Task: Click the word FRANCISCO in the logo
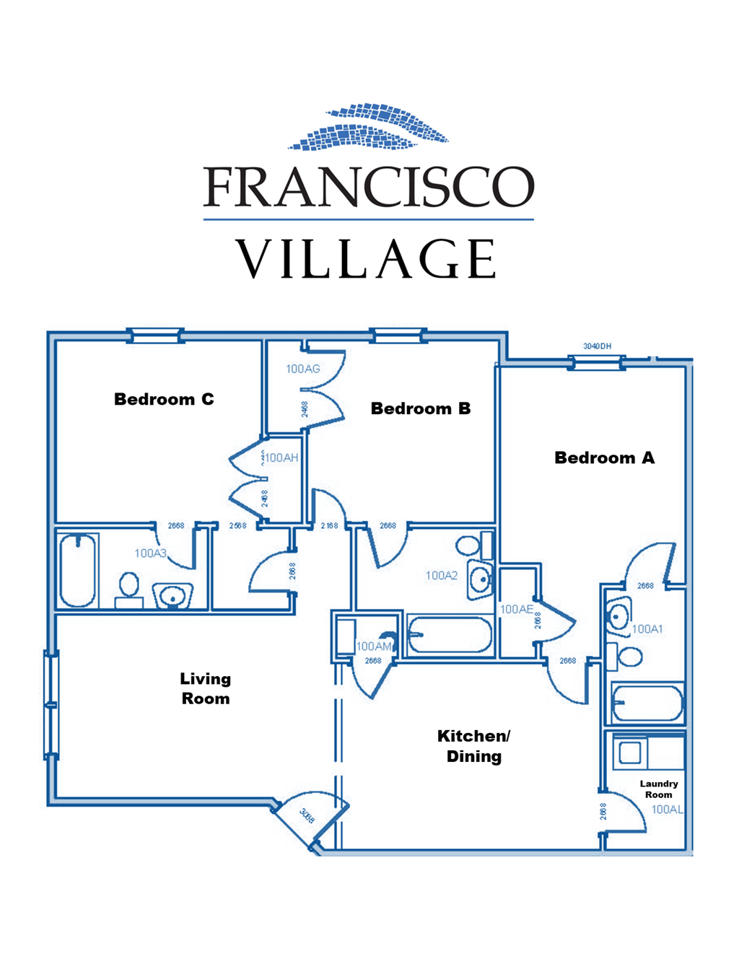coord(369,187)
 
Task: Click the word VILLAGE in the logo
coord(367,259)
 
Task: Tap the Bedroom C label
coord(164,399)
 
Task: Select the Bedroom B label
coord(420,408)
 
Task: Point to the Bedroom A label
coord(604,457)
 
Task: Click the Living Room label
coord(206,688)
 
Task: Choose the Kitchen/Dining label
coord(473,746)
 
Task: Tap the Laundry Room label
coord(658,789)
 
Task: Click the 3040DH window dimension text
coord(597,346)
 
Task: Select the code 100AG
coord(302,369)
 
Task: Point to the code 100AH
coord(281,457)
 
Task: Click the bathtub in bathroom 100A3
coord(77,570)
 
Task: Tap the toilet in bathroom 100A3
coord(129,587)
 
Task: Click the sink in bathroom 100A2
coord(480,578)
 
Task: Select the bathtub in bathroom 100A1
coord(647,703)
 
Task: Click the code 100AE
coord(517,609)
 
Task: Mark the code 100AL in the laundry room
coord(666,810)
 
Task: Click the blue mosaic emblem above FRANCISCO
coord(369,127)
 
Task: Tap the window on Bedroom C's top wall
coord(155,335)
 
